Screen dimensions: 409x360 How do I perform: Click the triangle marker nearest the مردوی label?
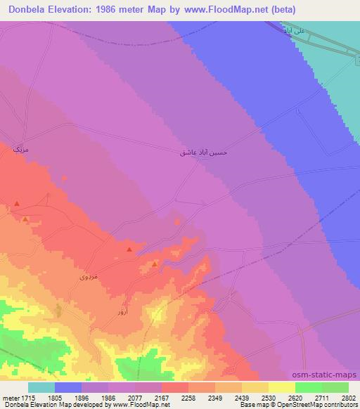click(129, 250)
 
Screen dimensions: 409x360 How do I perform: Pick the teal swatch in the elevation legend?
click(41, 387)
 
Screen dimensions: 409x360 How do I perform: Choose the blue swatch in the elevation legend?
click(68, 387)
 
